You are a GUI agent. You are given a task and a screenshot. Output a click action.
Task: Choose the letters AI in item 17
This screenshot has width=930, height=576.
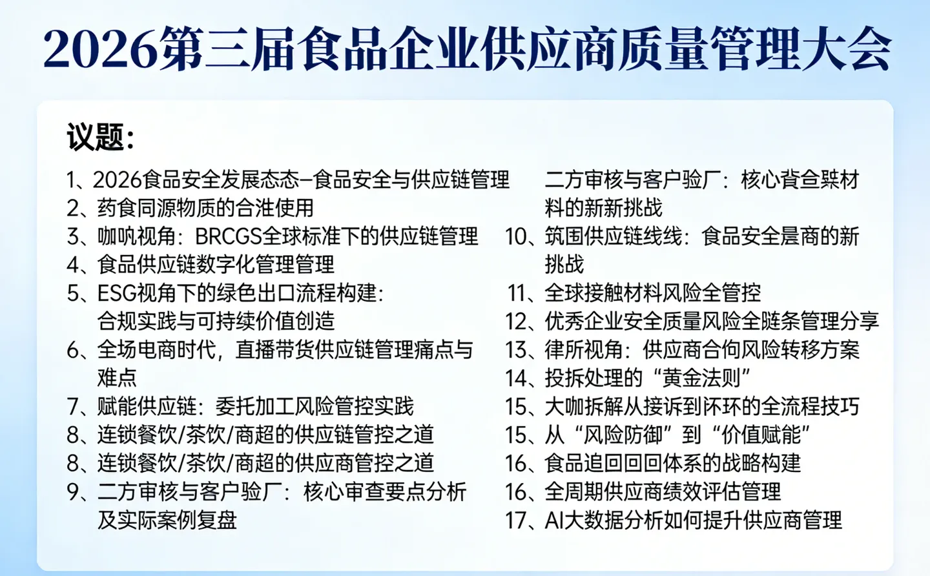(x=554, y=520)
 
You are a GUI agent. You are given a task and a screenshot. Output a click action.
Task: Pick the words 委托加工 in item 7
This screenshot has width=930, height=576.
(x=254, y=407)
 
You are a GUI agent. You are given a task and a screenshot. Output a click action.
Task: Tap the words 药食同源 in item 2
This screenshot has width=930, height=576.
(x=136, y=208)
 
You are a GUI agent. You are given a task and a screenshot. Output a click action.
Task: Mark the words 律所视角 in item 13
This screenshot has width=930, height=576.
(x=583, y=350)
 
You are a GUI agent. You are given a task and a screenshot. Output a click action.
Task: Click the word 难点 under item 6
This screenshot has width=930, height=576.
(x=117, y=378)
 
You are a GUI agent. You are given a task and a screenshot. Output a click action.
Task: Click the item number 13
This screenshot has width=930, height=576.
(x=518, y=350)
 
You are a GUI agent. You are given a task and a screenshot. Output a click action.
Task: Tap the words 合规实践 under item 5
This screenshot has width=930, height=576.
(x=136, y=322)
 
